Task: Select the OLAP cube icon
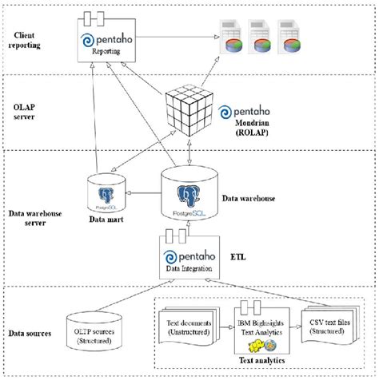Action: click(x=190, y=114)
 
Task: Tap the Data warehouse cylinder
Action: click(x=186, y=194)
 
